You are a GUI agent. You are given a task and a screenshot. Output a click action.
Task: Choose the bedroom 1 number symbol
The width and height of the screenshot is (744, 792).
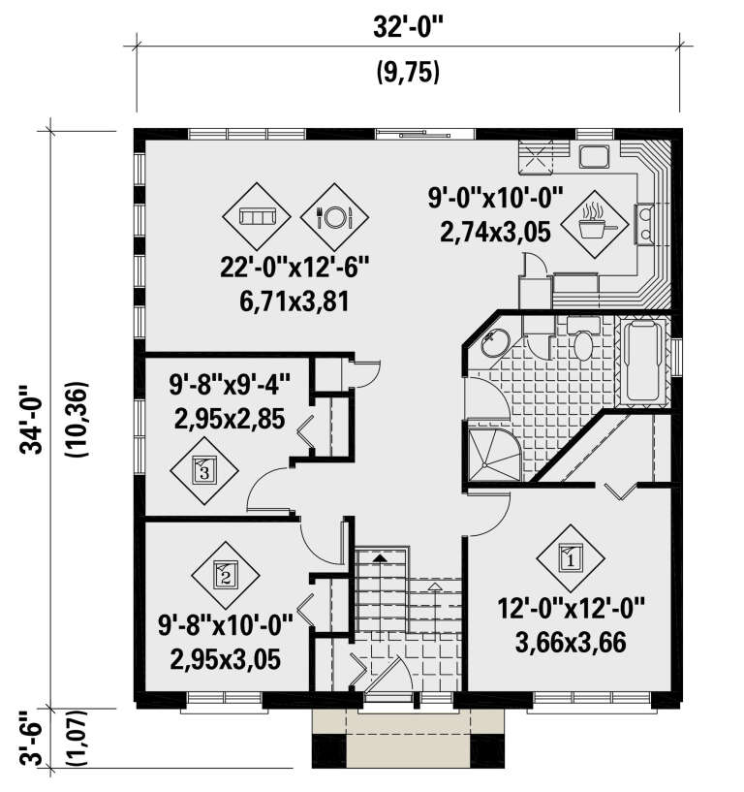pyautogui.click(x=570, y=557)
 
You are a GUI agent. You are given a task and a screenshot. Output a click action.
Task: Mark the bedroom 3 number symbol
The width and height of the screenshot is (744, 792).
pyautogui.click(x=202, y=471)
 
